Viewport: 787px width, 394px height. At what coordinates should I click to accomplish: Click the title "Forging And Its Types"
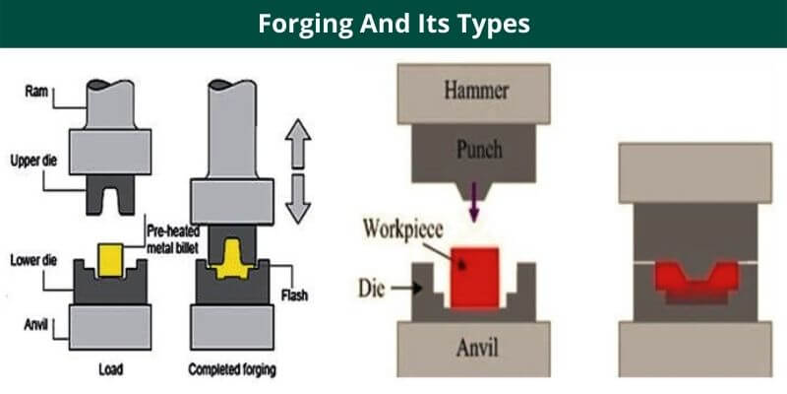(393, 24)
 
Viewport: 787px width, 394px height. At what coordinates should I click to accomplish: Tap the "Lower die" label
(35, 260)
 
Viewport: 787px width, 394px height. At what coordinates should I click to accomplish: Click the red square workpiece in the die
(474, 279)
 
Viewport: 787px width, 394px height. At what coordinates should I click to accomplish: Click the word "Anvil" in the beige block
(475, 348)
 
